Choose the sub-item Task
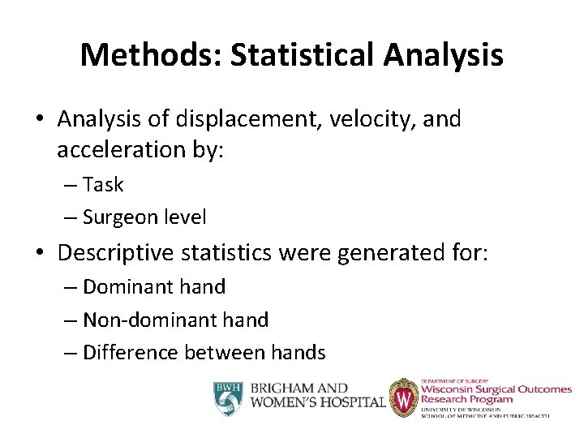coord(103,185)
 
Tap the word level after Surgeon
coord(183,217)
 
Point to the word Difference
coord(131,353)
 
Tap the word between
coord(224,353)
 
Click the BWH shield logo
coord(229,397)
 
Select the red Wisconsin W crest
coord(403,397)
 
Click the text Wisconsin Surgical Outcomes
coord(496,389)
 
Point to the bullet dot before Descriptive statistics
coord(39,254)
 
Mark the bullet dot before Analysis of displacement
coord(39,120)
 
